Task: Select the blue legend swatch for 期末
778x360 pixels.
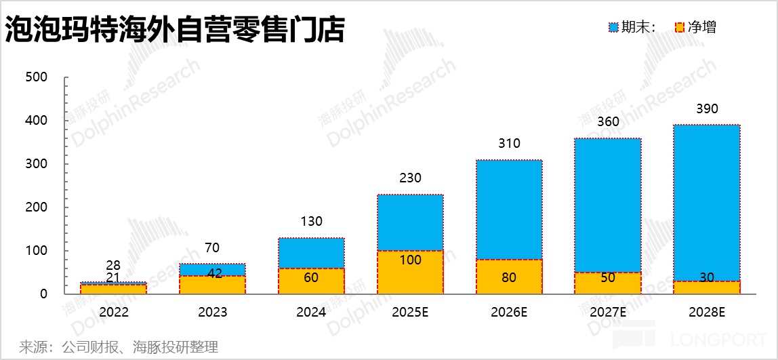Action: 613,28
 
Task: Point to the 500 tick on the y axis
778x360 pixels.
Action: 36,77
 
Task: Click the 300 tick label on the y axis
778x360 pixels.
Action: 36,164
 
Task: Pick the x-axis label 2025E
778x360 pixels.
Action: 410,313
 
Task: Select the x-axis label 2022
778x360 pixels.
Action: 113,313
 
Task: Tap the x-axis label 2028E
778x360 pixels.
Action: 706,313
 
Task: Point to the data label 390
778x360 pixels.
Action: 706,109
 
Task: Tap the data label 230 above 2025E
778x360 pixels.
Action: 410,178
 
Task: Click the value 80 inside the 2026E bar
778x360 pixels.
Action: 509,277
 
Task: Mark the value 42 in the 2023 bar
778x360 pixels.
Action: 212,274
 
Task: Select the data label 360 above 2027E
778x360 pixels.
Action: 607,122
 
